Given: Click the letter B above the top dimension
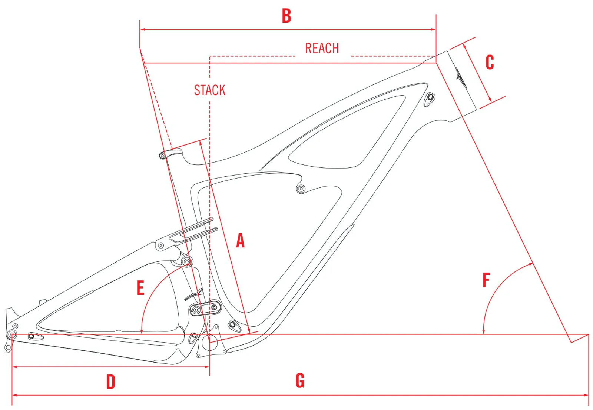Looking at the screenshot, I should coord(286,16).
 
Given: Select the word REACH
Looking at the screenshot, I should coord(322,49).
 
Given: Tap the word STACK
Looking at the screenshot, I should coord(209,90).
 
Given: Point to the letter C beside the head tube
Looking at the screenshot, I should coord(490,62).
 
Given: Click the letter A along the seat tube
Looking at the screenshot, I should coord(240,241).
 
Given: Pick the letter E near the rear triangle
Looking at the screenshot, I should coord(140,288).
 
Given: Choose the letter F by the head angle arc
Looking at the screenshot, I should coord(486,280).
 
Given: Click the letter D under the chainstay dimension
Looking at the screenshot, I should coord(110,382).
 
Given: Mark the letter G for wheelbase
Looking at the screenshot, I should coord(300,381).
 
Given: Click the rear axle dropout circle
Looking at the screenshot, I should coord(12,334).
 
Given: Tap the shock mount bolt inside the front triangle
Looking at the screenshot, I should coord(301,189).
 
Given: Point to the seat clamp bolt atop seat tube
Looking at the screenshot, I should coord(162,156).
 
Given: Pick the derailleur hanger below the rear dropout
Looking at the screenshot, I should coord(8,347).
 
